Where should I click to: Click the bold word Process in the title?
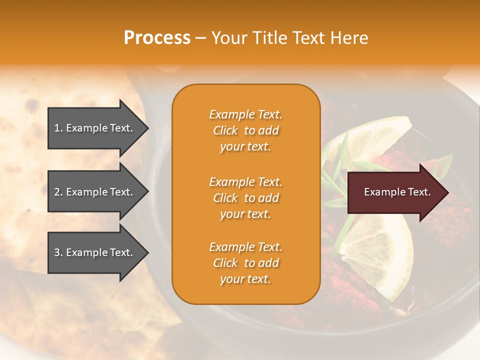(x=157, y=38)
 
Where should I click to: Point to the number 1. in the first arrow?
(x=58, y=128)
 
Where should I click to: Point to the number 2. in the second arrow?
(x=58, y=192)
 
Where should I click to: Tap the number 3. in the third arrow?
(x=58, y=252)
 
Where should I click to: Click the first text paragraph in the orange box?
(x=245, y=130)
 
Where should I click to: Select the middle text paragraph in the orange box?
(x=245, y=198)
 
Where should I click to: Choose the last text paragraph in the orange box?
(x=245, y=263)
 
